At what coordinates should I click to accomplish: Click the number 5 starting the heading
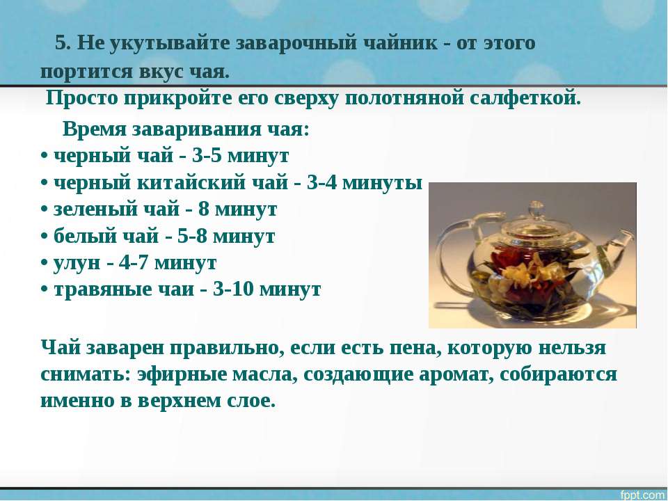click(x=62, y=43)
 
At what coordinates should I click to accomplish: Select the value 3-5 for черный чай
click(x=207, y=156)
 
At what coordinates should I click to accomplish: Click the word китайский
click(x=191, y=183)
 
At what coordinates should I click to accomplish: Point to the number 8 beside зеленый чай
click(x=204, y=209)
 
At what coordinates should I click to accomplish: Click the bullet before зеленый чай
click(x=44, y=210)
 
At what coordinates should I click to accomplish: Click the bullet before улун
click(x=44, y=264)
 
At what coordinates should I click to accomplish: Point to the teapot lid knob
click(x=536, y=209)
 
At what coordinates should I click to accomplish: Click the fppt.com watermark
click(x=643, y=495)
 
